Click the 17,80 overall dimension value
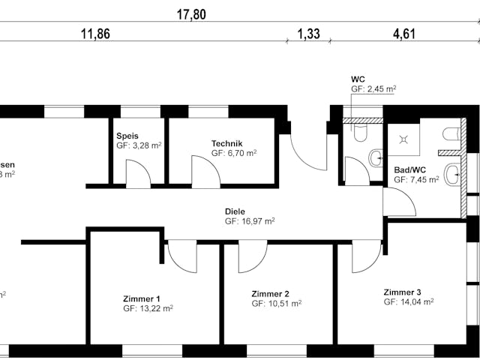pyautogui.click(x=190, y=14)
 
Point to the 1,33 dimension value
pyautogui.click(x=308, y=34)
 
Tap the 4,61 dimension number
pyautogui.click(x=403, y=34)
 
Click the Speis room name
pyautogui.click(x=127, y=136)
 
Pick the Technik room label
pyautogui.click(x=226, y=142)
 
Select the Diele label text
pyautogui.click(x=235, y=211)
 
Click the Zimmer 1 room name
pyautogui.click(x=142, y=298)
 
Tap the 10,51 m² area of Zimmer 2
pyautogui.click(x=277, y=304)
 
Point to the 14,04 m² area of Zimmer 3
pyautogui.click(x=409, y=302)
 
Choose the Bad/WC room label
pyautogui.click(x=409, y=170)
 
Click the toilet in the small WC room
pyautogui.click(x=359, y=133)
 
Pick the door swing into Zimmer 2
pyautogui.click(x=252, y=257)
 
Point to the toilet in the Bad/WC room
pyautogui.click(x=451, y=134)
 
